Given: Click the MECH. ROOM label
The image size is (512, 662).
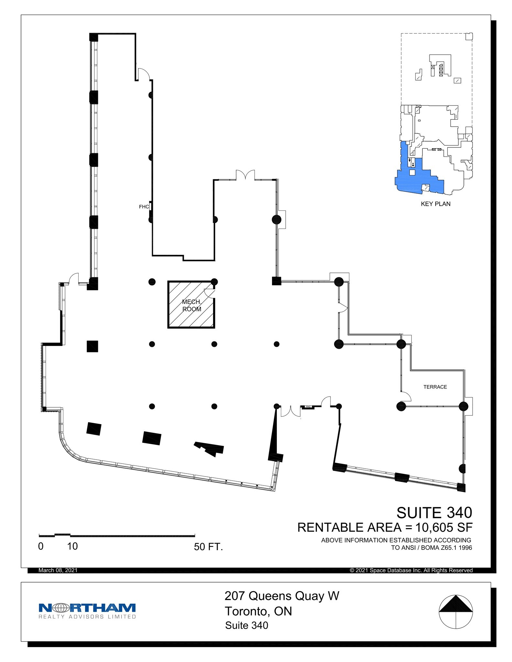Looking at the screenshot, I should (191, 305).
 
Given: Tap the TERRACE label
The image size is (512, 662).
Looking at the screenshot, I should (435, 387).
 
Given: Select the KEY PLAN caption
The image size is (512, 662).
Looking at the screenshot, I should (435, 204).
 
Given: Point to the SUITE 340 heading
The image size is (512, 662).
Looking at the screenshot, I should (434, 513).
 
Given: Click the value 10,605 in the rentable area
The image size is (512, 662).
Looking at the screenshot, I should (433, 528).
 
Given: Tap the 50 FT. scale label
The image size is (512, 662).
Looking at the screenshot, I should (208, 547).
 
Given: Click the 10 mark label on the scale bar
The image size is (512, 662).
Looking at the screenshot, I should (72, 546).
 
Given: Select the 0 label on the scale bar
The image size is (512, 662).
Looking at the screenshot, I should (41, 546).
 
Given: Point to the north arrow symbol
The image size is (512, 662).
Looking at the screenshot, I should (455, 612).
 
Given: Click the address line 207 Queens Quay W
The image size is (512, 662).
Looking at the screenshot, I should (282, 596).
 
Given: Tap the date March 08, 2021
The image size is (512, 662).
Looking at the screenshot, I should (58, 570).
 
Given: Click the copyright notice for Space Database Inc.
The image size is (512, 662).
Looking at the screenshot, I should (411, 570).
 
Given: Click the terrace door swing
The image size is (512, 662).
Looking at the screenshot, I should (406, 397).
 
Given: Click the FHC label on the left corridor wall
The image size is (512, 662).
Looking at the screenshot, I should (144, 207).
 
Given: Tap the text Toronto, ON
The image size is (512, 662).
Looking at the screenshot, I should (258, 611).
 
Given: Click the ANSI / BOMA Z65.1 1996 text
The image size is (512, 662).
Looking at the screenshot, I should (432, 548).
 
